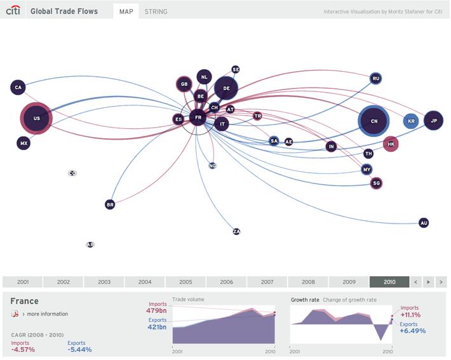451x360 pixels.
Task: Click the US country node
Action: pos(36,118)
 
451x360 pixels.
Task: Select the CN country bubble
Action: pos(374,121)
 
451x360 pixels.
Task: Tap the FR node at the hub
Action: pos(198,117)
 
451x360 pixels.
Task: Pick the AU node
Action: pos(424,223)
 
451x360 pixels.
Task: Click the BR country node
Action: pos(110,204)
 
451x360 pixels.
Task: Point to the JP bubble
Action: pos(434,120)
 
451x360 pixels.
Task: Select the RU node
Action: pos(376,79)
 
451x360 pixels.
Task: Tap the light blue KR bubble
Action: pos(412,121)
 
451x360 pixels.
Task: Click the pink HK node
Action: pos(391,144)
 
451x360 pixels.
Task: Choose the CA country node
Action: pos(18,88)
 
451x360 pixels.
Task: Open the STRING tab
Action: pos(156,11)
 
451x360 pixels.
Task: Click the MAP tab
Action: pos(126,11)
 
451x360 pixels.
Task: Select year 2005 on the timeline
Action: pos(185,282)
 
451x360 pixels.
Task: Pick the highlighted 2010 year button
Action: pos(389,282)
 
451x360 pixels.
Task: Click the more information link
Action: pos(46,314)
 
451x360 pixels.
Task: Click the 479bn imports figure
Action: pos(157,311)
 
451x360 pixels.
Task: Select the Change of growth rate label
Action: pos(351,299)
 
